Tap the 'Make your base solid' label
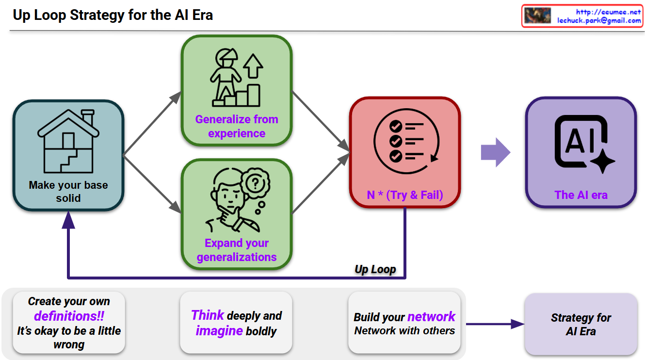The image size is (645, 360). click(x=68, y=191)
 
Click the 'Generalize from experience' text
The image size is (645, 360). click(x=237, y=126)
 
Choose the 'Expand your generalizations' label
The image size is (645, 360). click(x=237, y=250)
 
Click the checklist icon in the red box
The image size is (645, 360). click(x=404, y=141)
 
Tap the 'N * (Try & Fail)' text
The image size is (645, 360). click(x=405, y=195)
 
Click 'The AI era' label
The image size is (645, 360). click(x=581, y=195)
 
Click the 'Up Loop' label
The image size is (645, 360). click(x=375, y=269)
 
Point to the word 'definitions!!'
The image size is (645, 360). click(x=69, y=316)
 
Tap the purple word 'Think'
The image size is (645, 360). click(x=208, y=315)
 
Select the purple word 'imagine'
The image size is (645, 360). click(x=219, y=331)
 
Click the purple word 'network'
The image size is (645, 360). click(x=431, y=317)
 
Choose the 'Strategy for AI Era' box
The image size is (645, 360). click(x=581, y=324)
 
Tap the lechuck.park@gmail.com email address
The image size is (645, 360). click(x=599, y=20)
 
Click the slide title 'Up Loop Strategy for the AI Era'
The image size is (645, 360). click(x=113, y=15)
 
